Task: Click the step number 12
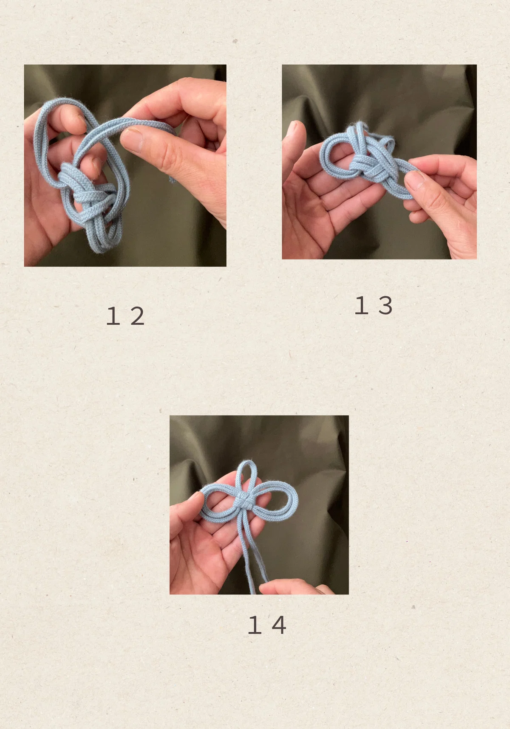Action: tap(125, 316)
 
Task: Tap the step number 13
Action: tap(374, 306)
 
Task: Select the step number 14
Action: tap(267, 625)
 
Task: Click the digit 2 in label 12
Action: tap(137, 316)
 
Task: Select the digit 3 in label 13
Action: tap(385, 306)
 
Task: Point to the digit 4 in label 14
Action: tap(279, 625)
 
